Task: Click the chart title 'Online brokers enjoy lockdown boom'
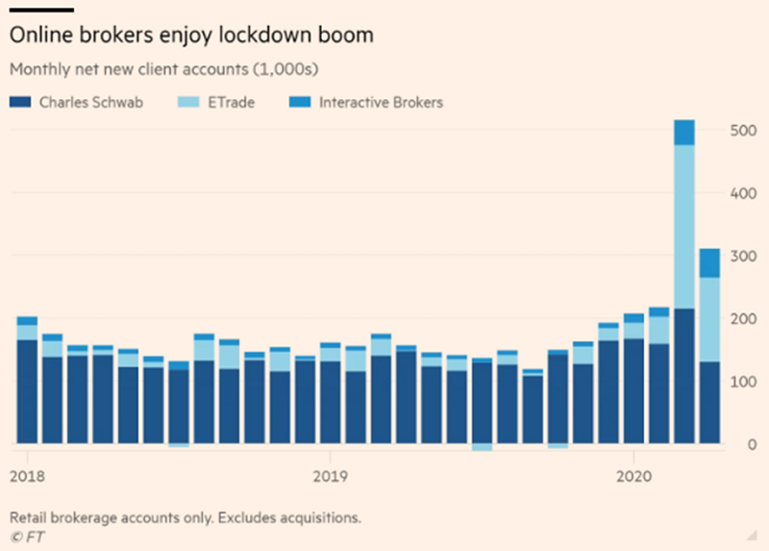point(190,36)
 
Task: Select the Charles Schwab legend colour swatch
point(20,102)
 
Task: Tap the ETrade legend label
point(232,102)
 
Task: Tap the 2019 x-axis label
point(330,476)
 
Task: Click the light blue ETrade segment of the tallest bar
point(684,226)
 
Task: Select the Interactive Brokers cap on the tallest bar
point(684,133)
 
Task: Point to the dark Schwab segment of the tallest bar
point(684,375)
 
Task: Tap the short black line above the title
point(41,10)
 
